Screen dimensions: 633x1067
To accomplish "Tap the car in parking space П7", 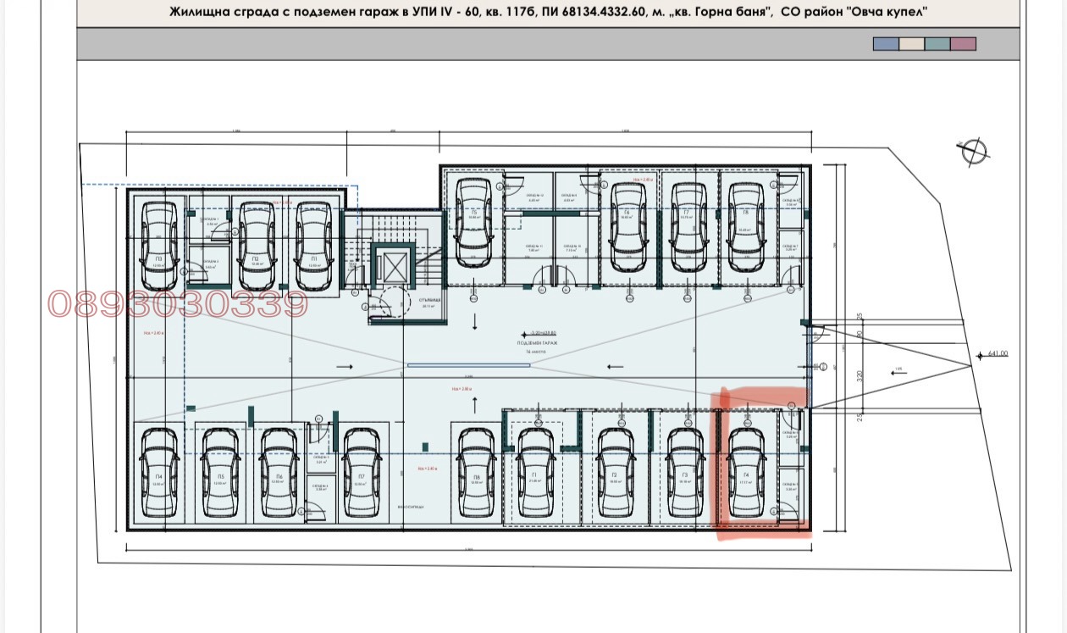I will (x=361, y=472).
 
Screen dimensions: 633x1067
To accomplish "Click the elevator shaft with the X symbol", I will (x=394, y=267).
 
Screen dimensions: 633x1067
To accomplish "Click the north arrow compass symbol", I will (x=975, y=151).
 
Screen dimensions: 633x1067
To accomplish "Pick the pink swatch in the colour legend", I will (x=963, y=44).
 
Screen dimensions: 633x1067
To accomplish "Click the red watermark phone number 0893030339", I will (x=178, y=304).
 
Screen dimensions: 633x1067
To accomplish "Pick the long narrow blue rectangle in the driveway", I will (x=468, y=365).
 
